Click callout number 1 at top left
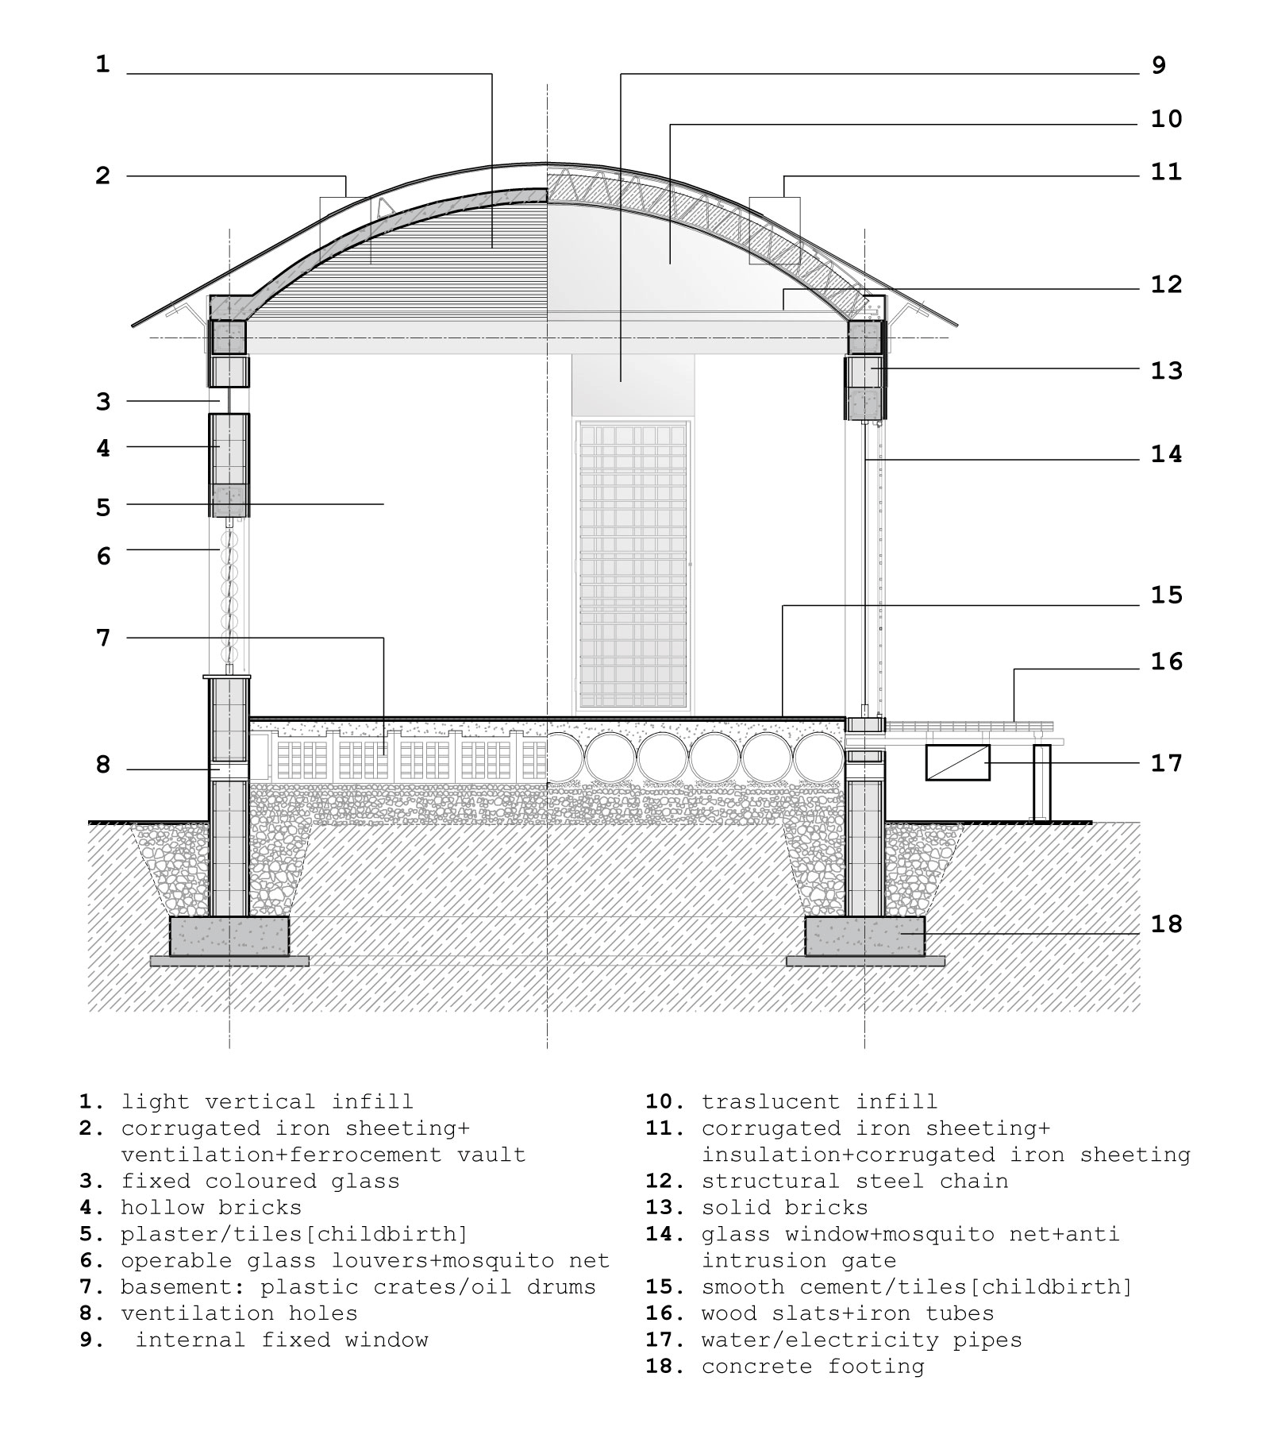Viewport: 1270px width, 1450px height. (x=102, y=64)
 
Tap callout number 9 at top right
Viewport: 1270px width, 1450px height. (x=1158, y=65)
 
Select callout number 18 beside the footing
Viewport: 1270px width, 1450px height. (x=1166, y=924)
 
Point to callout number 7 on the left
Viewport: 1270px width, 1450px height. (x=103, y=638)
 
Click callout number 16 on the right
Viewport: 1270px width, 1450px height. (x=1166, y=661)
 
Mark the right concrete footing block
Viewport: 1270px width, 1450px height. (x=864, y=936)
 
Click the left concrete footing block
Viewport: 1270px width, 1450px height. (x=229, y=936)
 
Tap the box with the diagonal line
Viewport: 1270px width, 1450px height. (x=957, y=762)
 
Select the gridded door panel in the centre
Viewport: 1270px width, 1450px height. (x=633, y=565)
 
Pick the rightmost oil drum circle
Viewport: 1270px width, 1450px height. (x=818, y=757)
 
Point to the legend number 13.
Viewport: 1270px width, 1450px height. (x=664, y=1208)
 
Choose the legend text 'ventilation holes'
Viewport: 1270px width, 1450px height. (x=239, y=1313)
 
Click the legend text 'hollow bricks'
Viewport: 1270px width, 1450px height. (x=211, y=1208)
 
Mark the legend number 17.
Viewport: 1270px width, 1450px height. (x=664, y=1340)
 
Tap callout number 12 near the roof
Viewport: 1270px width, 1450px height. (x=1166, y=285)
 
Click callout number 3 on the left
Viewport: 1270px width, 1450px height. (x=103, y=402)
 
